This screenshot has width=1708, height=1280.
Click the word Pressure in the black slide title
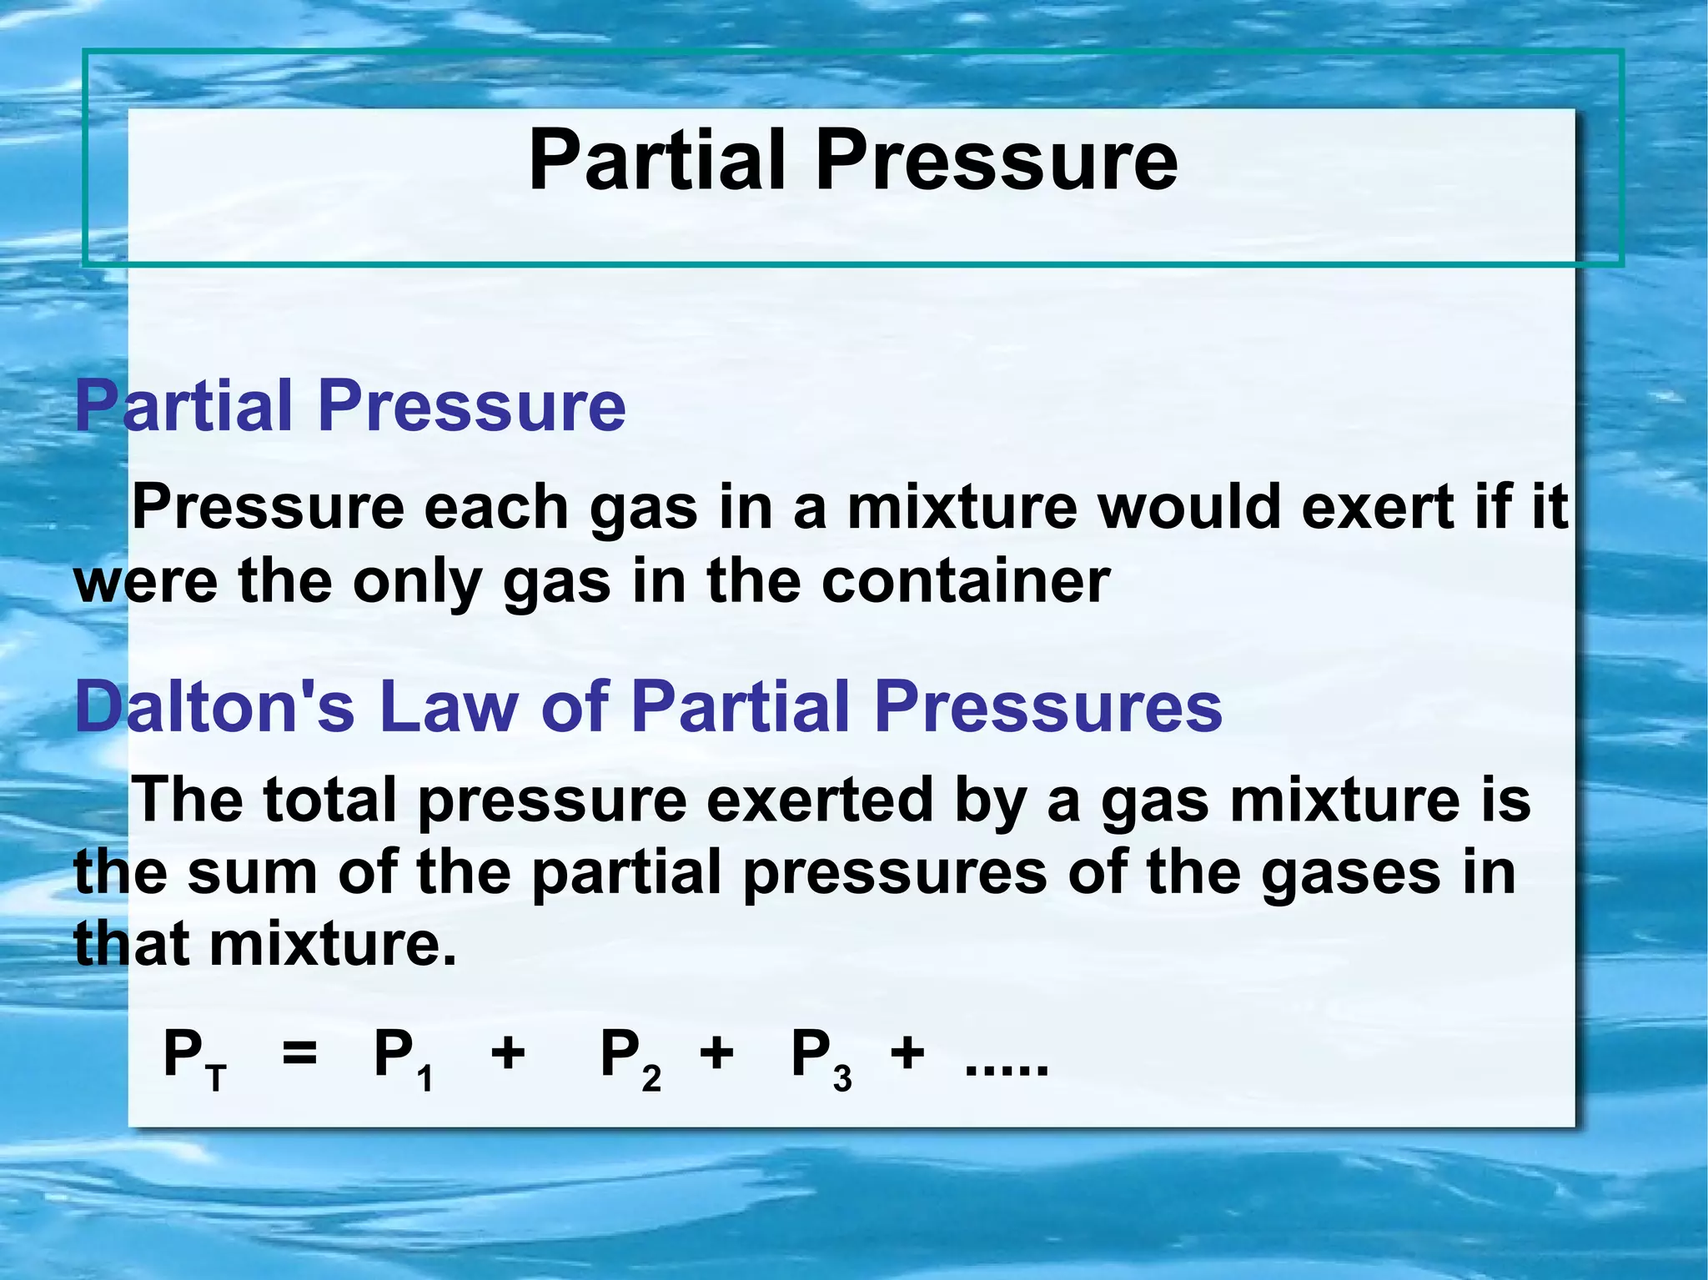(x=997, y=160)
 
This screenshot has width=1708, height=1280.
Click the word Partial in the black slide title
(x=657, y=160)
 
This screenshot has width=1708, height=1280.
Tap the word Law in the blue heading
(x=448, y=706)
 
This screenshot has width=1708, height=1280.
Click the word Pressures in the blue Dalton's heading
(x=1048, y=706)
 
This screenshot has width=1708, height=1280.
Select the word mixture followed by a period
(x=333, y=945)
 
